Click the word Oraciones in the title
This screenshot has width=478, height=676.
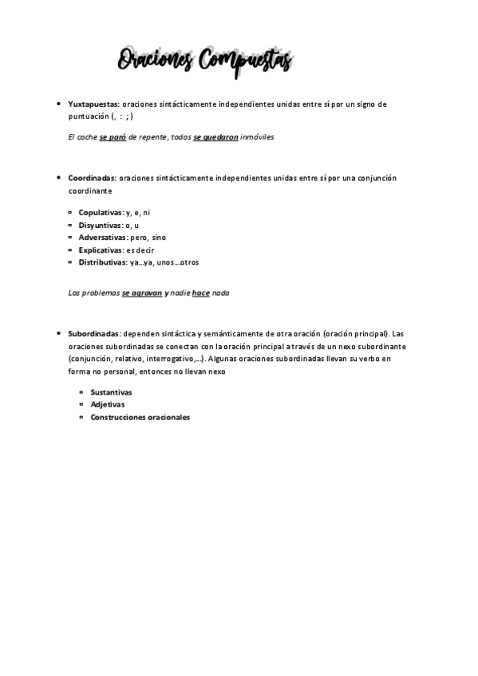pyautogui.click(x=156, y=61)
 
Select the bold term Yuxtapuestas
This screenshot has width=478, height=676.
pyautogui.click(x=93, y=104)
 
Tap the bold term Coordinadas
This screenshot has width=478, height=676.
pyautogui.click(x=92, y=178)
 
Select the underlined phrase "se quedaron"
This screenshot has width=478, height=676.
pyautogui.click(x=215, y=137)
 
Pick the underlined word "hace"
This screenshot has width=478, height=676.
pyautogui.click(x=200, y=293)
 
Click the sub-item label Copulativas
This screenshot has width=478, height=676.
pyautogui.click(x=101, y=213)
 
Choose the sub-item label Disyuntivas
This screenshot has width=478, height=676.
pyautogui.click(x=100, y=226)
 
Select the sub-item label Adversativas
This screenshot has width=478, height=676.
pyautogui.click(x=102, y=238)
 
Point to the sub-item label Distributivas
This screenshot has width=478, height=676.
pyautogui.click(x=102, y=261)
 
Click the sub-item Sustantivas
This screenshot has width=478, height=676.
pyautogui.click(x=111, y=392)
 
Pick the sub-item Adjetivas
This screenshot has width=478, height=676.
pyautogui.click(x=107, y=404)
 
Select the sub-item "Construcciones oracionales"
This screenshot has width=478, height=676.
pyautogui.click(x=140, y=417)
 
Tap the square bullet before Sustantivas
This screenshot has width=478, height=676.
pyautogui.click(x=81, y=392)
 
